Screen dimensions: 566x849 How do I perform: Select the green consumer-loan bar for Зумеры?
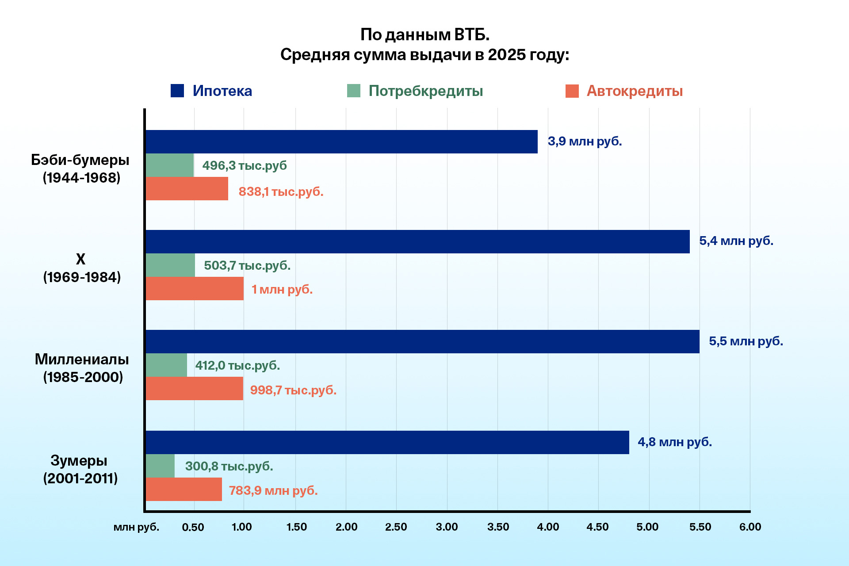[x=160, y=466]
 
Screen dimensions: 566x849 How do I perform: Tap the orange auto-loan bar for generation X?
[x=195, y=288]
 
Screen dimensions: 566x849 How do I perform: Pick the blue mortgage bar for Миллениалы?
[x=422, y=341]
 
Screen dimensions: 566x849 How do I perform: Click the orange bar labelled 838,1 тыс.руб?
[x=187, y=189]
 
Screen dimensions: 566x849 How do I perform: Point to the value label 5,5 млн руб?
[x=746, y=341]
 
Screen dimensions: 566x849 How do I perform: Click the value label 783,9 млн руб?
[x=273, y=490]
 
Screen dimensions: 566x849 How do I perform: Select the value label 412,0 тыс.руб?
[x=237, y=365]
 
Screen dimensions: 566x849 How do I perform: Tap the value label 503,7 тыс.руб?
[x=247, y=265]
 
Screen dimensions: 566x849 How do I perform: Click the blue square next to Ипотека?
[x=177, y=91]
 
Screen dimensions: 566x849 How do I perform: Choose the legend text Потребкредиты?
[x=425, y=91]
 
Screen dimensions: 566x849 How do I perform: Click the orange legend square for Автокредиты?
[x=572, y=91]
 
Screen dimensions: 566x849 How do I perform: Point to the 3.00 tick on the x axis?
[x=447, y=527]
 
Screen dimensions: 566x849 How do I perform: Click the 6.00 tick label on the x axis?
[x=750, y=527]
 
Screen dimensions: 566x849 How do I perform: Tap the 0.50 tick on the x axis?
[x=193, y=527]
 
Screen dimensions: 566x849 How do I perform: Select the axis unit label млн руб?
[x=136, y=527]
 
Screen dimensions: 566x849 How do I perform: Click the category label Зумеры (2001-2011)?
[x=80, y=469]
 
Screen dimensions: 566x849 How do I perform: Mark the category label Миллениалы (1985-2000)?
[x=82, y=368]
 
